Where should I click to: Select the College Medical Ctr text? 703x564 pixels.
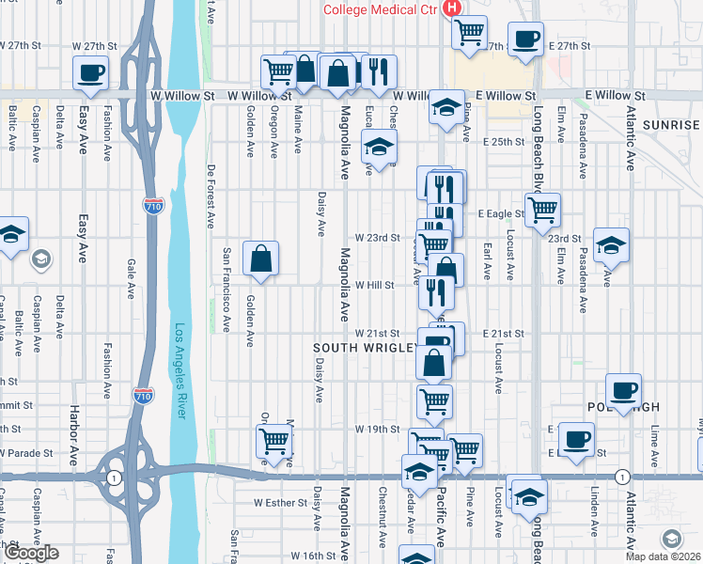coord(381,9)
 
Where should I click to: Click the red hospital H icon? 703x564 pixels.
coord(453,8)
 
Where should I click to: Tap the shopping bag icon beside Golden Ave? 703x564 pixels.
coord(260,258)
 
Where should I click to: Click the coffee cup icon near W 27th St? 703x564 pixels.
coord(90,72)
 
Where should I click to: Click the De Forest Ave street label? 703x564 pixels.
coord(210,197)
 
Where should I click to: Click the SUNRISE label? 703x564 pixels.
coord(672,125)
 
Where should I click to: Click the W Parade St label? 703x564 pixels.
coord(23,452)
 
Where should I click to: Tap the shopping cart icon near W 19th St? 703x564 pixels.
coord(273,441)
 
